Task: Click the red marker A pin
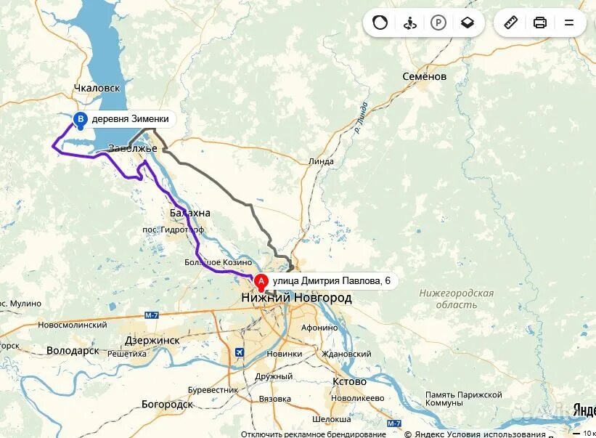(x=261, y=281)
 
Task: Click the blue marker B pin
(x=81, y=119)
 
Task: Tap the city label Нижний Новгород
(x=296, y=298)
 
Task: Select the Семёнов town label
(x=425, y=76)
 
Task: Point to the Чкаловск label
(x=97, y=88)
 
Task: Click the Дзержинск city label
(x=152, y=339)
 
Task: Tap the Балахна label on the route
(x=189, y=213)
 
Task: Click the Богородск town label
(x=167, y=404)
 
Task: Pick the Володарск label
(x=73, y=350)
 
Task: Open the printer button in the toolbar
(x=539, y=23)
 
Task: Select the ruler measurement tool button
(x=510, y=23)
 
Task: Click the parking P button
(x=438, y=23)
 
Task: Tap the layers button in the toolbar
(x=467, y=23)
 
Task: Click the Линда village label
(x=321, y=161)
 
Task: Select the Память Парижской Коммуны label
(x=464, y=399)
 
